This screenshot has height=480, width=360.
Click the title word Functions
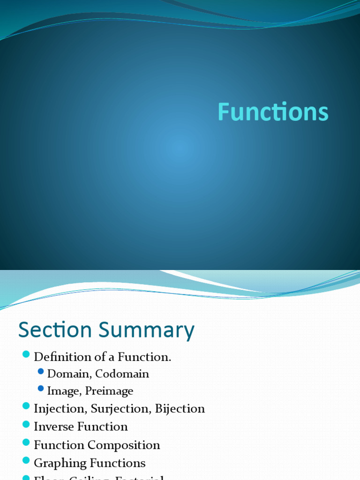pyautogui.click(x=273, y=112)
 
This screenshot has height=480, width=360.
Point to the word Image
pyautogui.click(x=63, y=391)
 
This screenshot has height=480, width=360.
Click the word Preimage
pyautogui.click(x=109, y=391)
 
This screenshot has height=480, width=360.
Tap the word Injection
pyautogui.click(x=60, y=409)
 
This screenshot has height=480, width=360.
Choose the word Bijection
pyautogui.click(x=180, y=409)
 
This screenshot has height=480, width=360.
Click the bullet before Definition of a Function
pyautogui.click(x=25, y=354)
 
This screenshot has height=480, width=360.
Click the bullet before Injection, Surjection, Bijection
pyautogui.click(x=25, y=406)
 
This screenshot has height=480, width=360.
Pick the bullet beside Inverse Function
pyautogui.click(x=25, y=425)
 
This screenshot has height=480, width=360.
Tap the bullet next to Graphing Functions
pyautogui.click(x=25, y=461)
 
